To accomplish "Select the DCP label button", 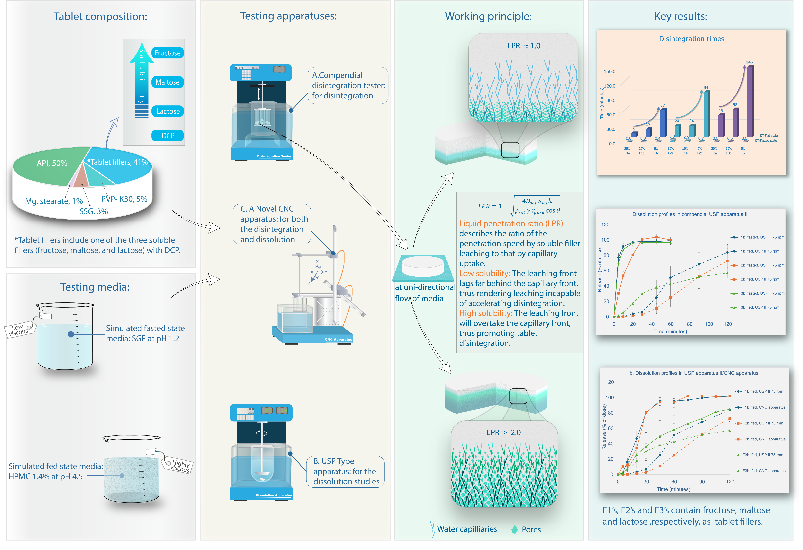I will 168,135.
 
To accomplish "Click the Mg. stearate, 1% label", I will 54,201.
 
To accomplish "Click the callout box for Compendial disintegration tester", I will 348,85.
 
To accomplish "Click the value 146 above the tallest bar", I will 749,62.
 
